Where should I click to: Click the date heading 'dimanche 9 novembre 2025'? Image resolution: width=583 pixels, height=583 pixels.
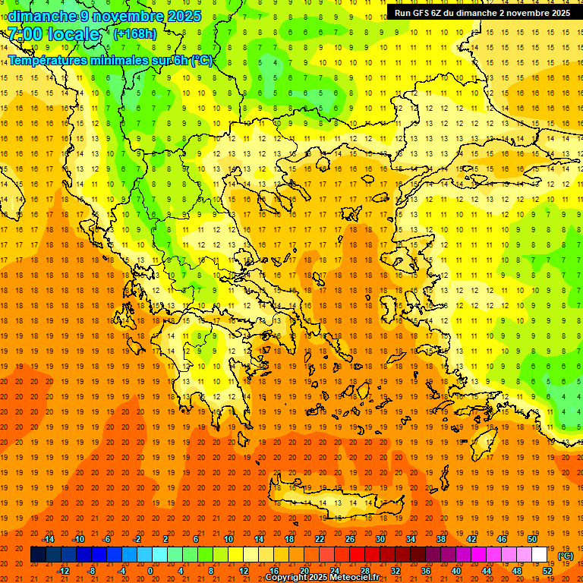[x=104, y=16]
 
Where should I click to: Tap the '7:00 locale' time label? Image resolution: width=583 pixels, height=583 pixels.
[x=53, y=34]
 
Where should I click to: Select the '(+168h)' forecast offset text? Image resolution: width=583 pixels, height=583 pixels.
[x=134, y=33]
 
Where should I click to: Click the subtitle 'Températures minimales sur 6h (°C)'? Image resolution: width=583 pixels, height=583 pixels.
[x=111, y=61]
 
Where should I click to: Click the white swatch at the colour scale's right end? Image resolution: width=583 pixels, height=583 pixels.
[x=539, y=555]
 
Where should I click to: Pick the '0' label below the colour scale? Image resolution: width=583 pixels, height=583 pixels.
[x=150, y=571]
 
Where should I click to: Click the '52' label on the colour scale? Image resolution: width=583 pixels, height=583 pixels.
[x=547, y=571]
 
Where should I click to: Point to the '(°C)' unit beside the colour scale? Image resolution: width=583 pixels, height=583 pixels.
[x=566, y=556]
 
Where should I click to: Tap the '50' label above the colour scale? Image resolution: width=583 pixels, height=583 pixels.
[x=532, y=539]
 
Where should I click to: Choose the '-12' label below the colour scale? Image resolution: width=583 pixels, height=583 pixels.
[x=64, y=571]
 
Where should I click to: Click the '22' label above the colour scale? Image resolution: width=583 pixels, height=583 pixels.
[x=320, y=539]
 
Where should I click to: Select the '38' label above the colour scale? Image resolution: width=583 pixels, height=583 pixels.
[x=441, y=539]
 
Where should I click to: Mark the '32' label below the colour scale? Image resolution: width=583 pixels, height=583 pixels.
[x=395, y=571]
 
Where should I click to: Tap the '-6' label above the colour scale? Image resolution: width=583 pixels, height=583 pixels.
[x=107, y=539]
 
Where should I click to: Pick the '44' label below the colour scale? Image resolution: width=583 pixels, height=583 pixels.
[x=487, y=571]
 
